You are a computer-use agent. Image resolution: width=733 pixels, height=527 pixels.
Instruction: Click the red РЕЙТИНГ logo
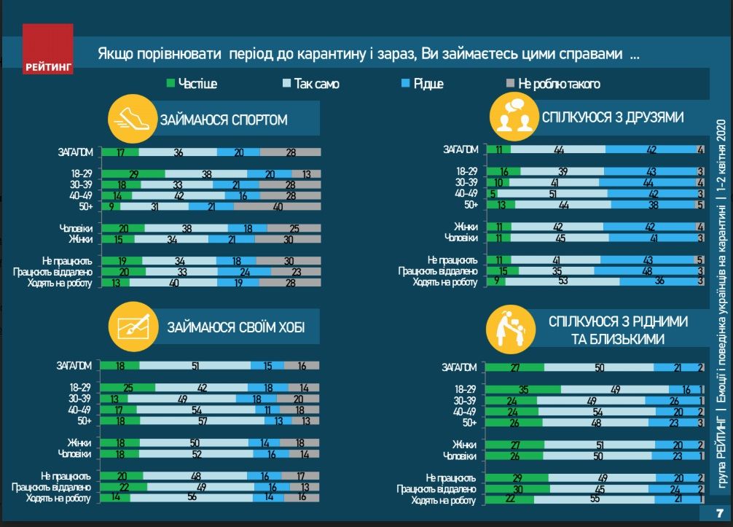pyautogui.click(x=47, y=50)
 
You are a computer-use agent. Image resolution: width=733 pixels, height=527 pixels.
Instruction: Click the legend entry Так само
pyautogui.click(x=310, y=84)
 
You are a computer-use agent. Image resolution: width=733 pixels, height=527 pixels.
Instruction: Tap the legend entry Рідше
pyautogui.click(x=422, y=84)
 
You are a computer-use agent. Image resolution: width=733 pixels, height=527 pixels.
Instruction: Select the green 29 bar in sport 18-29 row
pyautogui.click(x=133, y=174)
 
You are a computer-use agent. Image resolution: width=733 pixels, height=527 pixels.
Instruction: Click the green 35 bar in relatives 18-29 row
pyautogui.click(x=523, y=389)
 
